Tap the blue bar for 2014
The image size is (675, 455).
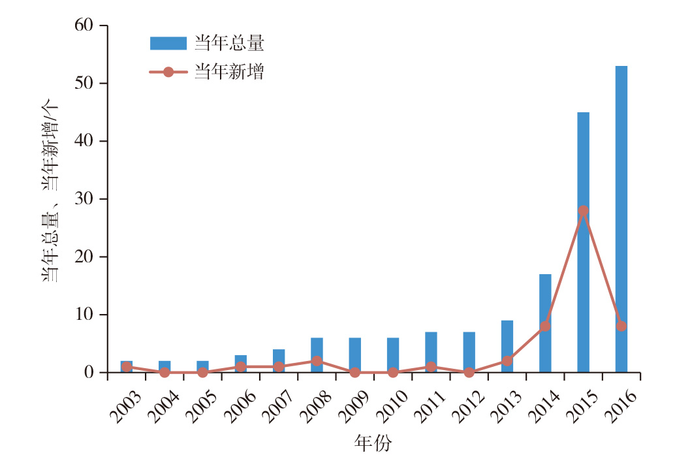pos(545,323)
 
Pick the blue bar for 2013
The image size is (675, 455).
pos(507,347)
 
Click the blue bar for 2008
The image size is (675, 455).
pos(317,355)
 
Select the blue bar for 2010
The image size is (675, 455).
pos(393,355)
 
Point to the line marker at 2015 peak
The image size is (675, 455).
pos(583,211)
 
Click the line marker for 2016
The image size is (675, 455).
pos(621,326)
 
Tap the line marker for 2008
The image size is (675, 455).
pos(317,361)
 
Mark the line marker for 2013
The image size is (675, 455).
pos(507,361)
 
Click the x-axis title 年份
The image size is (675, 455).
pos(373,443)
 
